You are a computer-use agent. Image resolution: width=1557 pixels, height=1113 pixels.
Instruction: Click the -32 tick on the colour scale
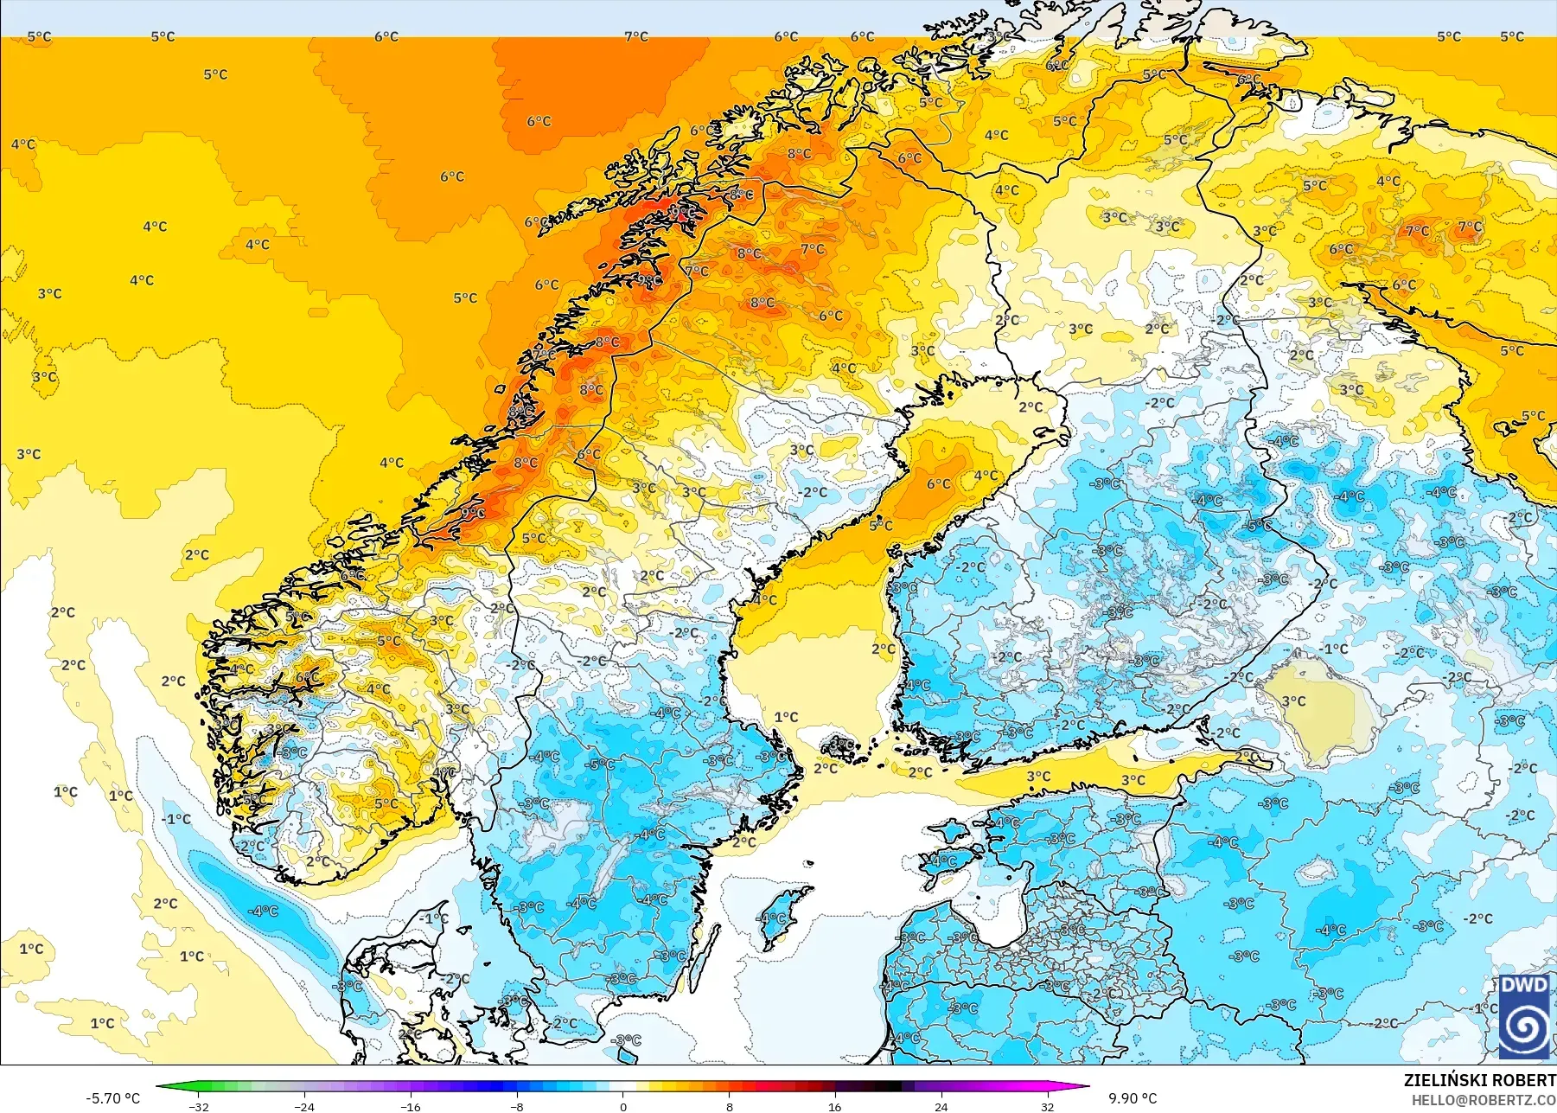click(x=199, y=1106)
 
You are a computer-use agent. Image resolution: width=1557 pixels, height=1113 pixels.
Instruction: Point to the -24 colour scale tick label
click(x=304, y=1106)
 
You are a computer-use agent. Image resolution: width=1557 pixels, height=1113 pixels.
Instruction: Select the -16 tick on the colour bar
click(x=411, y=1106)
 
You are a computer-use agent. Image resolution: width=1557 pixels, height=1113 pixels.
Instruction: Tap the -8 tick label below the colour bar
click(x=517, y=1106)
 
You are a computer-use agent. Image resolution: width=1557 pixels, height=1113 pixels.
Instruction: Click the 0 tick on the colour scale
click(x=623, y=1106)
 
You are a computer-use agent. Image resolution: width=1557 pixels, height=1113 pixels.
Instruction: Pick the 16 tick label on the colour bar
click(x=834, y=1106)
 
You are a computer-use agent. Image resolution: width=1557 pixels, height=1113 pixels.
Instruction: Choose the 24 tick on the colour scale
click(x=941, y=1106)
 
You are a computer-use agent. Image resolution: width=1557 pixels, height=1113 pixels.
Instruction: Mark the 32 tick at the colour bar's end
click(x=1047, y=1106)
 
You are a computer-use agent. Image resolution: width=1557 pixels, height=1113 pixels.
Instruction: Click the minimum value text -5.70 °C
click(x=112, y=1098)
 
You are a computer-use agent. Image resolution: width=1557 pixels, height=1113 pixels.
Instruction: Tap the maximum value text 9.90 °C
click(x=1133, y=1098)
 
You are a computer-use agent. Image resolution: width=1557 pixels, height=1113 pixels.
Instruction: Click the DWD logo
click(x=1524, y=1016)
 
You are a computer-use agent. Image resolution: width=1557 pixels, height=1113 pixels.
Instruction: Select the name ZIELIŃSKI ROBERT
click(x=1479, y=1080)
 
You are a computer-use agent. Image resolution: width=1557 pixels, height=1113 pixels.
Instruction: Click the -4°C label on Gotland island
click(x=772, y=919)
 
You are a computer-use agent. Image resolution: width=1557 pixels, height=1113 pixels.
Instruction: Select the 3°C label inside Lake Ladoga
click(x=1294, y=701)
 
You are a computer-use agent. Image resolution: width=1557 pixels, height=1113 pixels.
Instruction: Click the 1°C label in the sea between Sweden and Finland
click(x=786, y=717)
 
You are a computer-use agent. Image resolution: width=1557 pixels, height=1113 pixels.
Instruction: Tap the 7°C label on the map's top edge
click(x=636, y=36)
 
